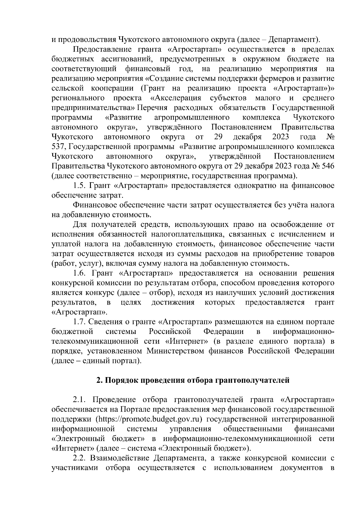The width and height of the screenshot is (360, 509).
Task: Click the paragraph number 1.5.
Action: point(79,186)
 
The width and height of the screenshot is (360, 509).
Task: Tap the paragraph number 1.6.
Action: point(79,273)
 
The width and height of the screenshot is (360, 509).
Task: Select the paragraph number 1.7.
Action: point(79,322)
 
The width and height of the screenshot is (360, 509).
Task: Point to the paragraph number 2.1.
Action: point(79,400)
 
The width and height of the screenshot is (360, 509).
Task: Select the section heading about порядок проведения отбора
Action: point(193,380)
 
